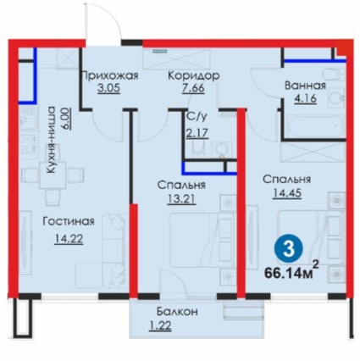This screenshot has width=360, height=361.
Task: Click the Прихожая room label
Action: [x=109, y=75]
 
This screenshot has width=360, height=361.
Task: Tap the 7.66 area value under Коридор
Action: [x=193, y=88]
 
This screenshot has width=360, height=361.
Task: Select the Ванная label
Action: [x=305, y=86]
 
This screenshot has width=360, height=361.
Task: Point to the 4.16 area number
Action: [x=305, y=98]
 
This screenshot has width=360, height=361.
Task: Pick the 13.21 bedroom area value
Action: [x=181, y=199]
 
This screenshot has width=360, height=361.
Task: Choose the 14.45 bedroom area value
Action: [x=287, y=193]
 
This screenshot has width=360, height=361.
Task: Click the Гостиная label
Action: [x=68, y=222]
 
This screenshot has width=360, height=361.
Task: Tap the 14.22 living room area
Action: [x=69, y=239]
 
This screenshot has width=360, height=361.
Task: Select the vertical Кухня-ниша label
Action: [x=52, y=140]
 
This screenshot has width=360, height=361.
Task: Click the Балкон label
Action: [x=177, y=312]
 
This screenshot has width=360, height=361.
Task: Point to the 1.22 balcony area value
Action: [x=160, y=325]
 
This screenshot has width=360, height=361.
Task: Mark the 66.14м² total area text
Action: [x=291, y=271]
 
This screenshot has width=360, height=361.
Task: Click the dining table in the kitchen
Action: [x=53, y=175]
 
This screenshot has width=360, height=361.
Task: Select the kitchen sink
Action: [x=28, y=119]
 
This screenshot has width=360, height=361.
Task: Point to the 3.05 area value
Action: [x=108, y=88]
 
